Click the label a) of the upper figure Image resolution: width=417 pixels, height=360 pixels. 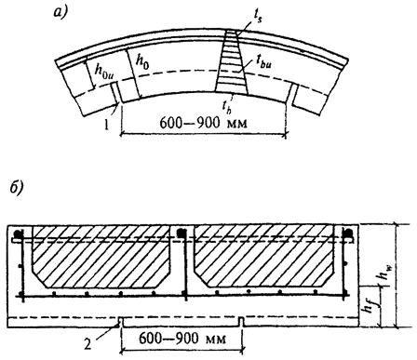(x=61, y=12)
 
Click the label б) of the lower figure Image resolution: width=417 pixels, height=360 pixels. (x=16, y=189)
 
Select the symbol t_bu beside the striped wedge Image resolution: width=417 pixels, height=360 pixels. (x=263, y=62)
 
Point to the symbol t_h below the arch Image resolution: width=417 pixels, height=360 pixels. (x=226, y=106)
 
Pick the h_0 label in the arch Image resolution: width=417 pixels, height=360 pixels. (x=142, y=62)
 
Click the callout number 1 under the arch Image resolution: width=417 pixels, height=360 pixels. (x=106, y=125)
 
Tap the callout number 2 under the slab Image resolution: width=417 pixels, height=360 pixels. (x=87, y=344)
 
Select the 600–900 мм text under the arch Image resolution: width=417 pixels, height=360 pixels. (x=204, y=123)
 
